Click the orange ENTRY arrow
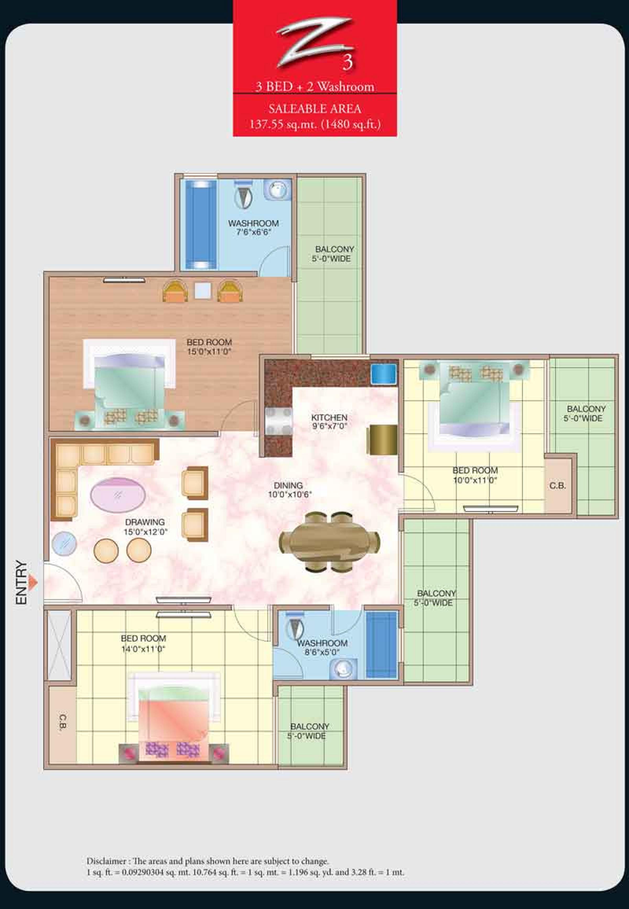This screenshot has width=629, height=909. [34, 582]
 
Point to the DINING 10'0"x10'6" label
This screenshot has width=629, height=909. [290, 490]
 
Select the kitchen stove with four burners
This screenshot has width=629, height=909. [279, 421]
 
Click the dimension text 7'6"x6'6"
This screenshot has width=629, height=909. [253, 232]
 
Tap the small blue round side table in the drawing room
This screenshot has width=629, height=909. [64, 544]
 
